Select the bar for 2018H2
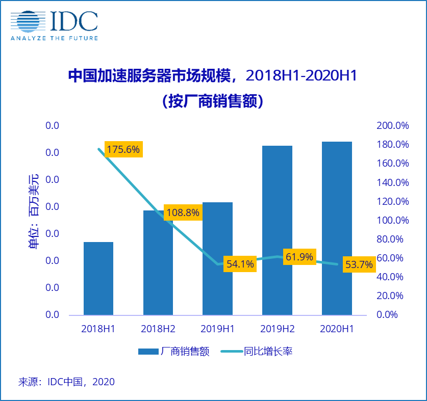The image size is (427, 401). (x=158, y=262)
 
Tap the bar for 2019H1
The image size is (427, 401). (x=217, y=258)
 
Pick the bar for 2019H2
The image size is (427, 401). (x=277, y=230)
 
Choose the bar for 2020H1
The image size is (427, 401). (x=337, y=228)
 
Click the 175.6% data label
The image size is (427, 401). (x=123, y=150)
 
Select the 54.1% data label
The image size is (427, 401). (x=240, y=264)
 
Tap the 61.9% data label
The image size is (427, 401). (x=299, y=257)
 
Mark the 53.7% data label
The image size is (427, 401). (x=359, y=265)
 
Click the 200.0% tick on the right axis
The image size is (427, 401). (x=392, y=126)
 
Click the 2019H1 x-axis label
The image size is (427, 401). (x=217, y=329)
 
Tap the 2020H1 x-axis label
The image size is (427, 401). (x=337, y=329)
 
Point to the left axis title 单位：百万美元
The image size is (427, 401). (x=34, y=211)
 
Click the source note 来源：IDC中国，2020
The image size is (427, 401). (x=66, y=382)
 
